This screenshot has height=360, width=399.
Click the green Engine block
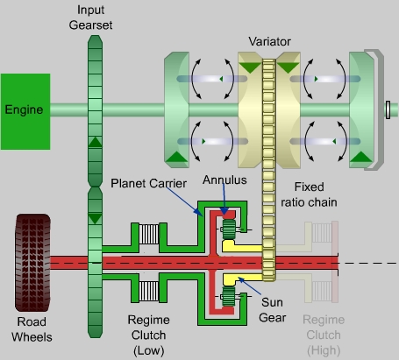coord(25,111)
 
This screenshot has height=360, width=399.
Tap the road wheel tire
coord(32,263)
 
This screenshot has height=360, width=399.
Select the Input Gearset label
coord(90,18)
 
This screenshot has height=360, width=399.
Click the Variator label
coord(269,41)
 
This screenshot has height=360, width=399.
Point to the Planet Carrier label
coord(148,183)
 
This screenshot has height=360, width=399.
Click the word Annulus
coord(224,180)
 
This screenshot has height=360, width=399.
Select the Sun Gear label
coord(272,310)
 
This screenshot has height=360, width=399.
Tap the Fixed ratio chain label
coord(309,194)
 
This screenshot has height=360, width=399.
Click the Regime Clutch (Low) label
coord(148,335)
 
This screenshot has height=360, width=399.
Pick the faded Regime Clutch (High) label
coord(324,335)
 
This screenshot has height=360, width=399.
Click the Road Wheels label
coord(32,329)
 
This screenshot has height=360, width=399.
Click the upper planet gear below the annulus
coord(229,229)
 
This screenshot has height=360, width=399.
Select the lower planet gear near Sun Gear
coord(229,296)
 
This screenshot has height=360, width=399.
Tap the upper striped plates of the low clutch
coord(149,234)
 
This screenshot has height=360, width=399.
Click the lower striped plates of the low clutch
coord(149,291)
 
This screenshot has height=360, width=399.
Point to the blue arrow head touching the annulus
coord(224,211)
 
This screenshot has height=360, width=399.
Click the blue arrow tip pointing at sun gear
coord(239,279)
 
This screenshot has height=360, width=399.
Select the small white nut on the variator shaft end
coord(388,109)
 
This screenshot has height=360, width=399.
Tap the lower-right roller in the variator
coord(325,142)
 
